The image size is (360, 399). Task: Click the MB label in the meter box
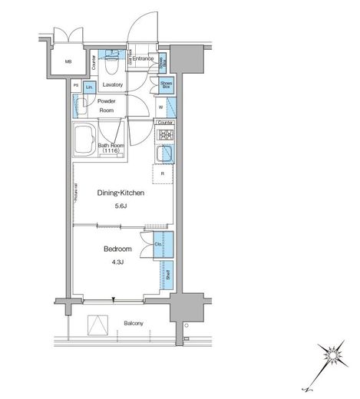(x=68, y=63)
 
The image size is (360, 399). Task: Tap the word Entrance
(x=143, y=59)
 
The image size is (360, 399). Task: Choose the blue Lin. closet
(x=90, y=87)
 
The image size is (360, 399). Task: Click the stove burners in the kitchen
(x=165, y=136)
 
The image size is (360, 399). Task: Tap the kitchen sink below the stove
(x=165, y=155)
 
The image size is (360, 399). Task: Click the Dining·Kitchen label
(x=120, y=194)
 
